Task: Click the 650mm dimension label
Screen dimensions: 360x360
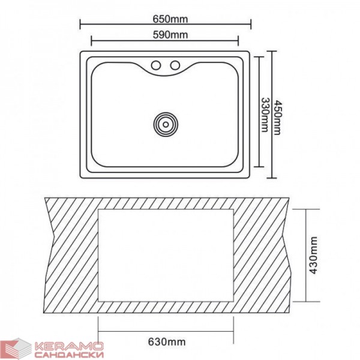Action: tap(170, 19)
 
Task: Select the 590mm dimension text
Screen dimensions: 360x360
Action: tap(170, 35)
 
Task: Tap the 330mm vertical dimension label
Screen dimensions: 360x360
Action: tap(265, 115)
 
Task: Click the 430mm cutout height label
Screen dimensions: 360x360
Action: tap(313, 255)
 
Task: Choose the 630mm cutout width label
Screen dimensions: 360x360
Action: tap(167, 342)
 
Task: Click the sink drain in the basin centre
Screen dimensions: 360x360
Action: tap(166, 124)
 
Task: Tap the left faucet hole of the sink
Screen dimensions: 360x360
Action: tap(156, 65)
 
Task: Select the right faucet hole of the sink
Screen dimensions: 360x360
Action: tap(175, 65)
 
